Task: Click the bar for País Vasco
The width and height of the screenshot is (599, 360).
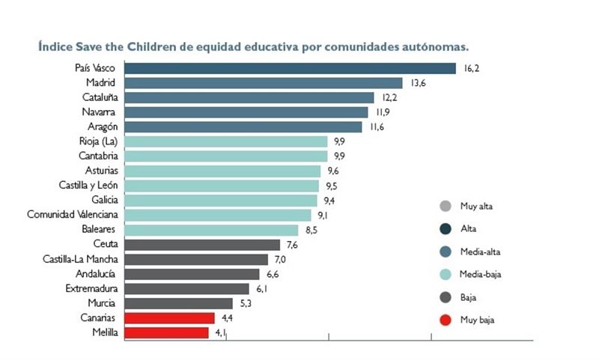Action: pyautogui.click(x=290, y=68)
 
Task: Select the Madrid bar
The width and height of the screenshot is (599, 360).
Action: pyautogui.click(x=264, y=83)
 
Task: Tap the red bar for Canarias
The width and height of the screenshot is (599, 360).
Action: pyautogui.click(x=169, y=317)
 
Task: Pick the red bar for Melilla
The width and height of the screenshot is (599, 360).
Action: pyautogui.click(x=166, y=332)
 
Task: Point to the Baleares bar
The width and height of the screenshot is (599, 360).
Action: pyautogui.click(x=211, y=230)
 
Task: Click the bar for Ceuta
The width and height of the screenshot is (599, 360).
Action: pyautogui.click(x=201, y=245)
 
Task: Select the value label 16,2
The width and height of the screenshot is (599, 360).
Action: pyautogui.click(x=471, y=68)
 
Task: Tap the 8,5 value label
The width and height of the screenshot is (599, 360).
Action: pyautogui.click(x=311, y=230)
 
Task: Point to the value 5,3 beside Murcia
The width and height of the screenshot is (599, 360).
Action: pyautogui.click(x=247, y=303)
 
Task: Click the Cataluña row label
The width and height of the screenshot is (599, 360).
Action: pyautogui.click(x=99, y=97)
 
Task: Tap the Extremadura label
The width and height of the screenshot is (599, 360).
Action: pyautogui.click(x=88, y=288)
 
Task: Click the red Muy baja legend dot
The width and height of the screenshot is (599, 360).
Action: pyautogui.click(x=445, y=320)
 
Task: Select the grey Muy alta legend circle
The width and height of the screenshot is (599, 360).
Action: pyautogui.click(x=445, y=206)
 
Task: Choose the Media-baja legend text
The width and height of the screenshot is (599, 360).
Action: pyautogui.click(x=480, y=275)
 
